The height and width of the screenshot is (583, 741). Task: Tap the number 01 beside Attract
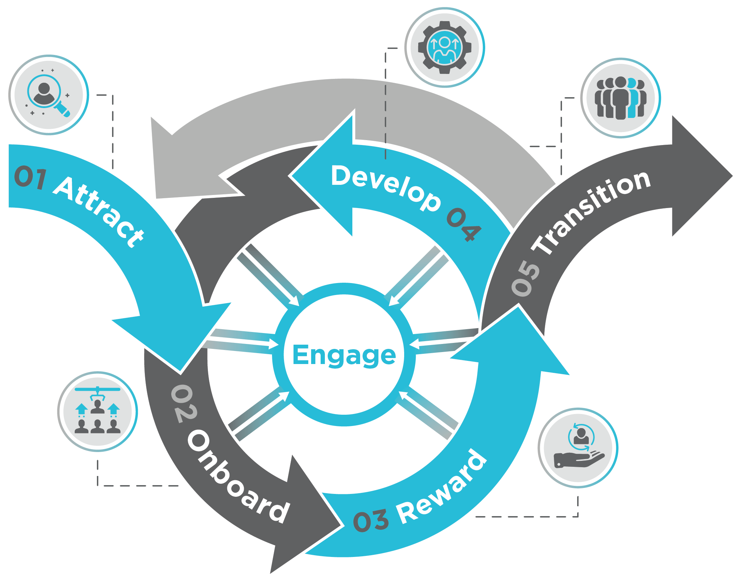[x=30, y=177]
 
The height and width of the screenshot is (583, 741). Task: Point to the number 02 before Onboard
[x=184, y=403]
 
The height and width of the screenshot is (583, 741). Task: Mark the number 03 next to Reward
[x=371, y=521]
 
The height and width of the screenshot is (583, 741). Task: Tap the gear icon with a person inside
[x=445, y=47]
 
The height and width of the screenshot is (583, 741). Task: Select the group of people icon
[x=620, y=98]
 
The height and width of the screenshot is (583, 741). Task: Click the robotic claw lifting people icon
[x=98, y=411]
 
